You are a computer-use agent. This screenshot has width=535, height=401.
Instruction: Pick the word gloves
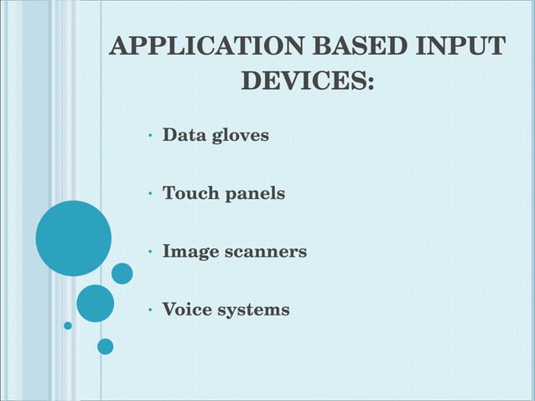coord(240,135)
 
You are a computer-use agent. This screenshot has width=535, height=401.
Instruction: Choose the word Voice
coord(187,310)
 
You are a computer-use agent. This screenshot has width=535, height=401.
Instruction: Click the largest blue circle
coord(73,238)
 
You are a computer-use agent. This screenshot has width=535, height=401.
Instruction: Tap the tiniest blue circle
coord(68,325)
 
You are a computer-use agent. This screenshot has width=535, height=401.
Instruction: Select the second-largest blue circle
coord(95,303)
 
